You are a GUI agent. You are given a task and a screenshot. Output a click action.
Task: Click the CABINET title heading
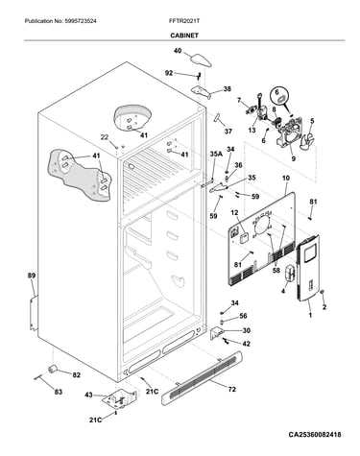pyautogui.click(x=184, y=36)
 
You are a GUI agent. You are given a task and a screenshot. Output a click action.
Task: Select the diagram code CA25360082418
pyautogui.click(x=315, y=434)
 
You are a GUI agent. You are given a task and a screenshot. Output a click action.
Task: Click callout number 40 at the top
pyautogui.click(x=178, y=51)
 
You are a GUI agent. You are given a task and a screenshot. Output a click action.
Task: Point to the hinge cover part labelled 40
pyautogui.click(x=201, y=60)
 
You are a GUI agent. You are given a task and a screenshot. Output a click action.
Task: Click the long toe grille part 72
pyautogui.click(x=202, y=377)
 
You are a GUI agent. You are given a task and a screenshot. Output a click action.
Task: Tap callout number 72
pyautogui.click(x=232, y=389)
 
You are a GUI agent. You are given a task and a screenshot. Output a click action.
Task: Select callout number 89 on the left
pyautogui.click(x=32, y=276)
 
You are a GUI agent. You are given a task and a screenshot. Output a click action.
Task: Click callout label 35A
pyautogui.click(x=216, y=155)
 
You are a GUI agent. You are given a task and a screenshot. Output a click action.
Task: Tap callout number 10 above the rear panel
pyautogui.click(x=286, y=178)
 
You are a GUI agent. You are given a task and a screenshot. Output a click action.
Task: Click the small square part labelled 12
pyautogui.click(x=245, y=238)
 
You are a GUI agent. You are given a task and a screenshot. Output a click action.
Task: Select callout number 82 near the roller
pyautogui.click(x=76, y=374)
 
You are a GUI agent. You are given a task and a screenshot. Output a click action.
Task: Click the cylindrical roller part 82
pyautogui.click(x=53, y=369)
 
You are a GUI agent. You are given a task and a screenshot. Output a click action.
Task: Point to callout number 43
pyautogui.click(x=88, y=395)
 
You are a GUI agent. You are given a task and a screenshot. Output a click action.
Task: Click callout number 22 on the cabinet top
pyautogui.click(x=105, y=137)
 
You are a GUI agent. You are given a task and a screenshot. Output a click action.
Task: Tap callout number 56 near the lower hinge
pyautogui.click(x=243, y=316)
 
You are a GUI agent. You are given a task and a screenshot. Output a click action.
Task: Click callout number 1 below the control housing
pyautogui.click(x=310, y=315)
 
